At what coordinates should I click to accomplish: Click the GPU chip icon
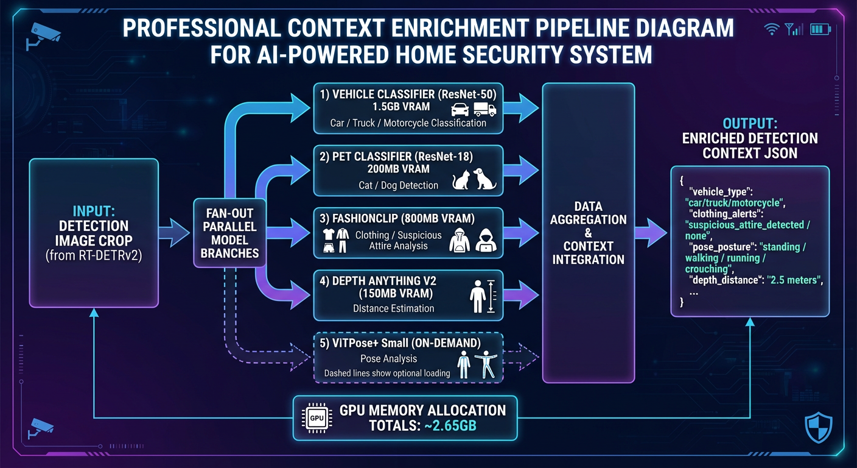[317, 418]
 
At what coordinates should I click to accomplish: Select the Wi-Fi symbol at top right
[771, 29]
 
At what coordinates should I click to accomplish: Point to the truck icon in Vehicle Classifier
[484, 109]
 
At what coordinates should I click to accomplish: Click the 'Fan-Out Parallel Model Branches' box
[229, 233]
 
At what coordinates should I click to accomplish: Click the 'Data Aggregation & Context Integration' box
[587, 233]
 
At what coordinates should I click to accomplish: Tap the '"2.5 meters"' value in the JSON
[795, 280]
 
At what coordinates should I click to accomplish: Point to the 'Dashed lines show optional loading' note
[387, 373]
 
